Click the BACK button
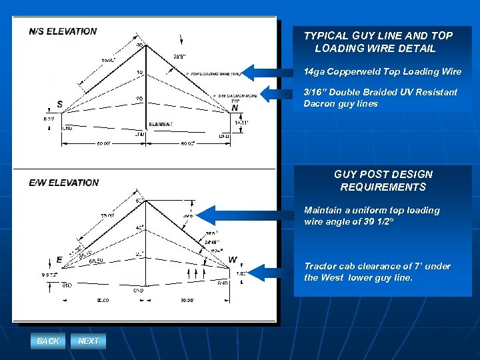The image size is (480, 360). point(48,341)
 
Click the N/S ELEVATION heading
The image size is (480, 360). point(63,31)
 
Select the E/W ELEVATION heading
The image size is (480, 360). point(64,183)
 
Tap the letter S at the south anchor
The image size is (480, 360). point(60,105)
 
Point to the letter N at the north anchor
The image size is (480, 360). point(235,108)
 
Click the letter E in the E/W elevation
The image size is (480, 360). point(59,259)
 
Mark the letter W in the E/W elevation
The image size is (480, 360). point(232,259)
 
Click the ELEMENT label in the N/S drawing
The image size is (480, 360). point(161,124)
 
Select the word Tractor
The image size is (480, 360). point(321,266)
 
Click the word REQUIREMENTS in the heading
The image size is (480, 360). point(383,187)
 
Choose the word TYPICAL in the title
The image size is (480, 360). point(327,36)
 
